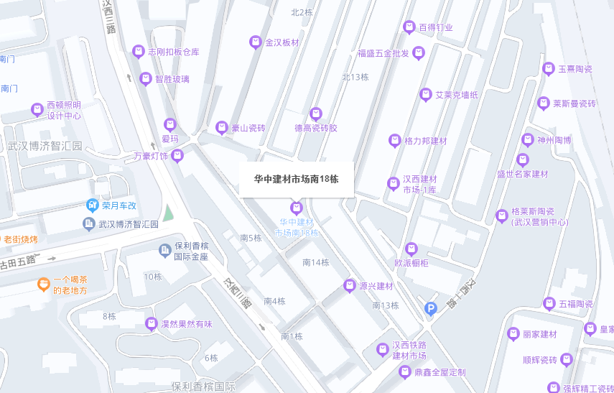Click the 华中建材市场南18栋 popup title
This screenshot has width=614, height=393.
296,179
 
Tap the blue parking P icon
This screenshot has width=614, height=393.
430,308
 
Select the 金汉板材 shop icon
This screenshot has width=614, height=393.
254,42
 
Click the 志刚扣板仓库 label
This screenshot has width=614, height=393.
173,52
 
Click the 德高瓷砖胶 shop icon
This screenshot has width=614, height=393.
315,114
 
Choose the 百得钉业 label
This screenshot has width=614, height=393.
436,28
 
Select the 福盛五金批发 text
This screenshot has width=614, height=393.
383,53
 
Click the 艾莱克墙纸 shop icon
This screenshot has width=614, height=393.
424,95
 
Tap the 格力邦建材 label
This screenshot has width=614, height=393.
426,141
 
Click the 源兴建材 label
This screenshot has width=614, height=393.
375,286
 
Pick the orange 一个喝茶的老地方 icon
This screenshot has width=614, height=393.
44,285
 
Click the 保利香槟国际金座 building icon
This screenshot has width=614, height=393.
164,250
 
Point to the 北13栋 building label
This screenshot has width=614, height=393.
355,78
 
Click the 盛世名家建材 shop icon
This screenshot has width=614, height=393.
523,159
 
